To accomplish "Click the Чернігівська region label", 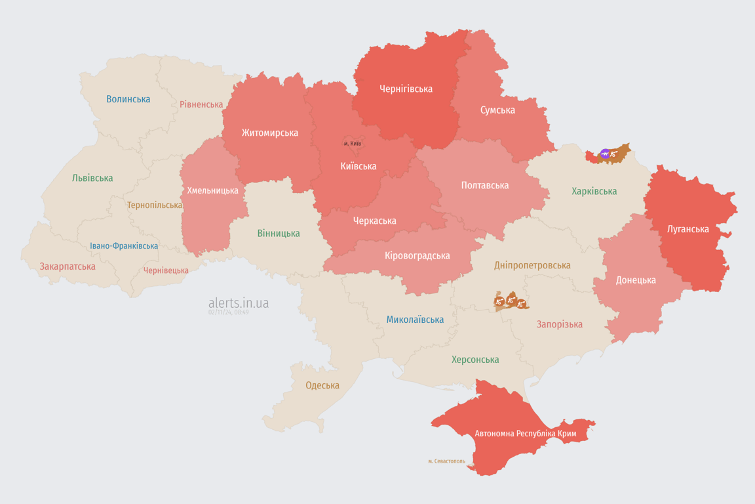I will click(406, 89).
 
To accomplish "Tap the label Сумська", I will click(497, 110).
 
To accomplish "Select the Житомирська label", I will click(269, 133).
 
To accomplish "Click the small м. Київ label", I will click(352, 144).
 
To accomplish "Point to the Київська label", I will click(358, 167).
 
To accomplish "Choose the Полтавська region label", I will click(484, 186).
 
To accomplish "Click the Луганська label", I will click(687, 230).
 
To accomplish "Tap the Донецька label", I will click(635, 280).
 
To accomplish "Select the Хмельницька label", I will click(212, 191).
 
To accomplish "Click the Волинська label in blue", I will click(128, 100).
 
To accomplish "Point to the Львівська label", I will click(92, 178).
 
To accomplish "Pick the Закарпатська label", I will click(68, 267).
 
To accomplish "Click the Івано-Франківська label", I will click(124, 247).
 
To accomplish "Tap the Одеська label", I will click(322, 386).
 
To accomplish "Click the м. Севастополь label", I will click(446, 461).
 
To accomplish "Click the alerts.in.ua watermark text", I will click(238, 303).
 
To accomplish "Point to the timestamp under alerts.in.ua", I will click(228, 312).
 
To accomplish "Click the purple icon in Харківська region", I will click(605, 154).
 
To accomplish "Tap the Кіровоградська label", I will click(417, 256).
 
